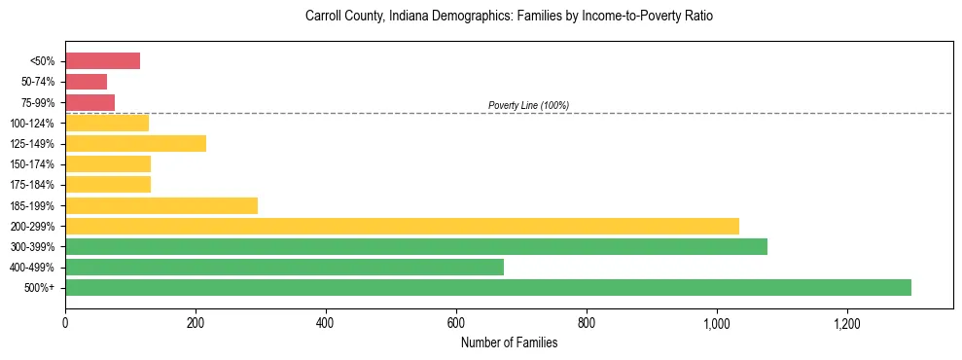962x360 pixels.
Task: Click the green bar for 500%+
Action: coord(487,287)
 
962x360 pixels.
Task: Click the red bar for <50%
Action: coord(102,61)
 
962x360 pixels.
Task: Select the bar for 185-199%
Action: coord(160,205)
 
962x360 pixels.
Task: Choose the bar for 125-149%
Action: coord(135,144)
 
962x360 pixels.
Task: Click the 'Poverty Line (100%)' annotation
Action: coord(528,105)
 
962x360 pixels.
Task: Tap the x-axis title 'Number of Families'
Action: coord(509,342)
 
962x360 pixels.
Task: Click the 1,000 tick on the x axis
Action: coord(716,323)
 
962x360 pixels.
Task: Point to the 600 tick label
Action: coord(455,323)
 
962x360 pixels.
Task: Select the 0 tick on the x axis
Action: coord(65,323)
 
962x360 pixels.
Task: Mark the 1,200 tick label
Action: coord(846,323)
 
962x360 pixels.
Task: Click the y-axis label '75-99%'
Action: coord(38,103)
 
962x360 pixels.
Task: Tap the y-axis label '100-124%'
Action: coord(34,124)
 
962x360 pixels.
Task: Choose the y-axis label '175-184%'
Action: coord(34,185)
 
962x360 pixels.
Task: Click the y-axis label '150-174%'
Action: coord(34,164)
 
